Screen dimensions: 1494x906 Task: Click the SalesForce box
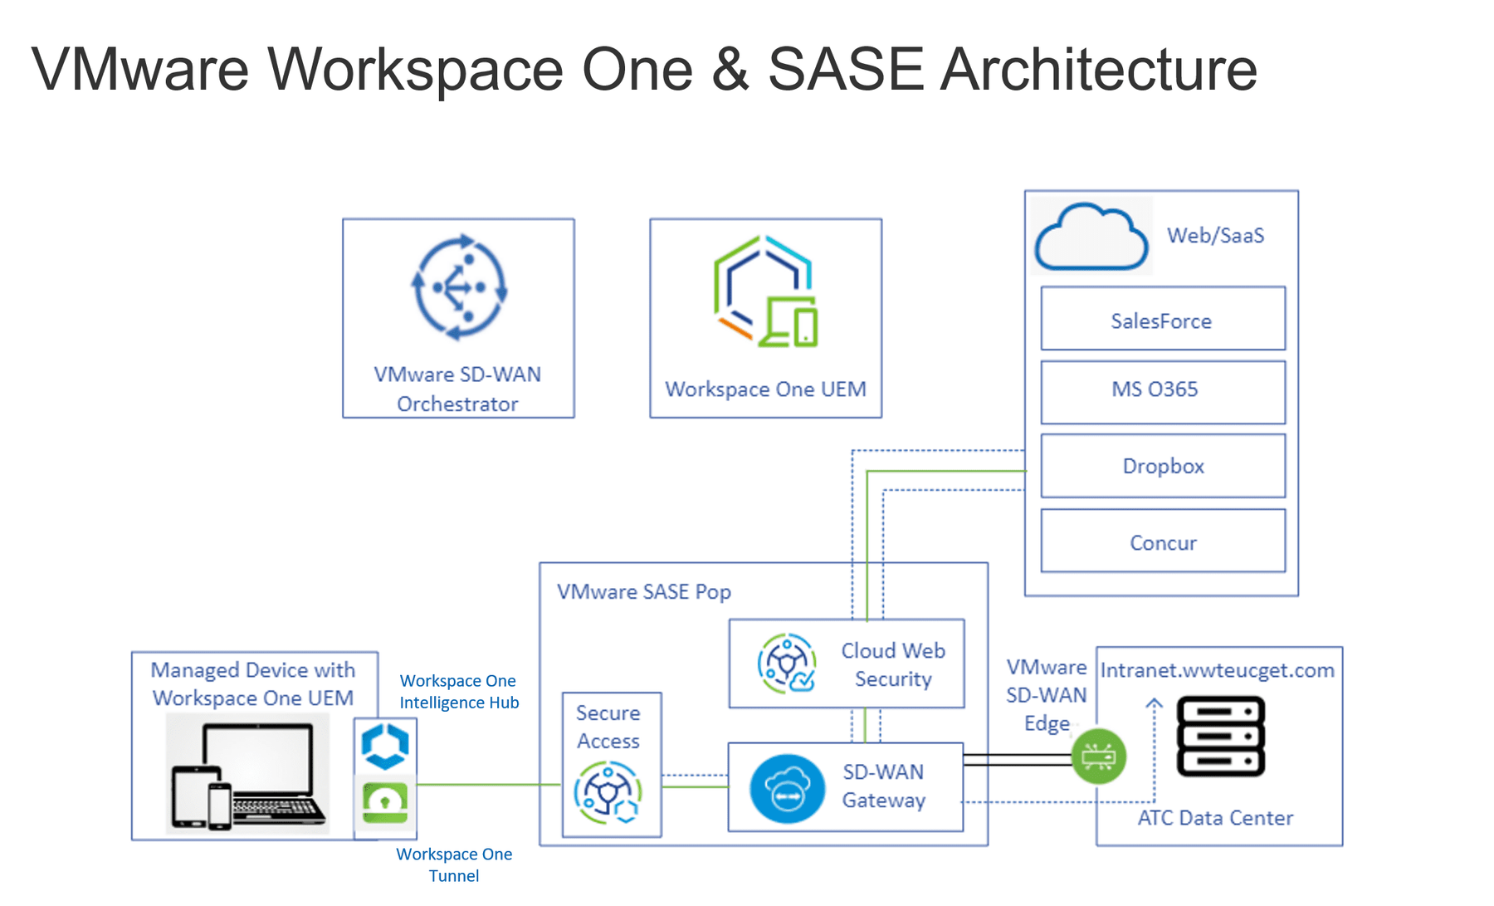click(x=1163, y=319)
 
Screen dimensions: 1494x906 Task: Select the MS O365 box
click(x=1163, y=392)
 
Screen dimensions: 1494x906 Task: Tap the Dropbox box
click(x=1163, y=466)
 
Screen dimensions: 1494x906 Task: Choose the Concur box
click(x=1163, y=541)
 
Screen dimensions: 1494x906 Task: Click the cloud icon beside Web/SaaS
click(x=1091, y=238)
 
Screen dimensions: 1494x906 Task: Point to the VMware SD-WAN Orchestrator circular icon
click(x=459, y=287)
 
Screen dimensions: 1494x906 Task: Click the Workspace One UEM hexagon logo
click(x=765, y=291)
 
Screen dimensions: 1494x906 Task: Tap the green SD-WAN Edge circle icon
click(x=1099, y=756)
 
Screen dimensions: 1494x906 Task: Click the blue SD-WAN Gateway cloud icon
click(x=787, y=788)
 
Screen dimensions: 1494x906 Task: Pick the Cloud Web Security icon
click(x=786, y=663)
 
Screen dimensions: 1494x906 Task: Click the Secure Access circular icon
click(x=608, y=793)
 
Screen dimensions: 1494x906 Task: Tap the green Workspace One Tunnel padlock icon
click(x=385, y=801)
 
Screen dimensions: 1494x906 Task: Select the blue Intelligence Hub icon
click(x=385, y=747)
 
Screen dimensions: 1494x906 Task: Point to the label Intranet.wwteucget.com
click(x=1218, y=670)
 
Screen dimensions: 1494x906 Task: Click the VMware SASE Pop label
click(x=643, y=592)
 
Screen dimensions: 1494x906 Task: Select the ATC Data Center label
click(x=1215, y=818)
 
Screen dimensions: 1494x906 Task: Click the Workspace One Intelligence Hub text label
click(x=459, y=692)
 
